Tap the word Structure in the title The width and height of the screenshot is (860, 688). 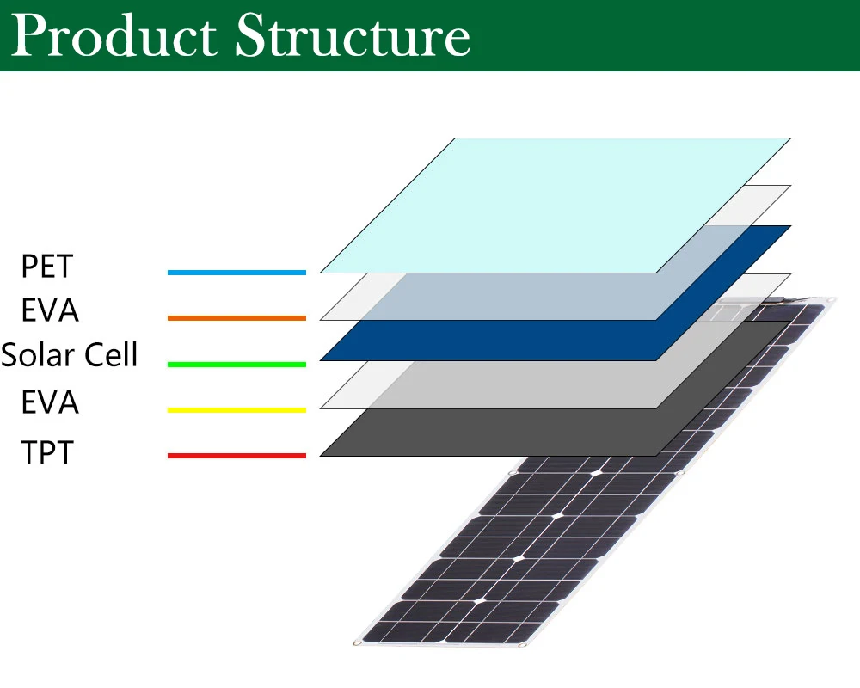coord(353,37)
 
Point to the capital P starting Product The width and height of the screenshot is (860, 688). coord(32,37)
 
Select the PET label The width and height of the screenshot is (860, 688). coord(47,267)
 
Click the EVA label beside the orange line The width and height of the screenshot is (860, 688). coord(50,310)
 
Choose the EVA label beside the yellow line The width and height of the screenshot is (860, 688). coord(50,402)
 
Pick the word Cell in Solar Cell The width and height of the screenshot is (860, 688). coord(109,354)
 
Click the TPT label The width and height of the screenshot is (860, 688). coord(47,451)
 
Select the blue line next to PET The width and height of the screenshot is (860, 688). coord(236,273)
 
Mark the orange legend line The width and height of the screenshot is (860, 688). coord(236,318)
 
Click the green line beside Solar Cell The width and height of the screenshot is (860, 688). coord(236,365)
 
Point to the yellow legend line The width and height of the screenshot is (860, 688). coord(236,410)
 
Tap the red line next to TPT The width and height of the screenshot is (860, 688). coord(236,456)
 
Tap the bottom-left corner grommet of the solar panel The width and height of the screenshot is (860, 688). coord(355,642)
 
